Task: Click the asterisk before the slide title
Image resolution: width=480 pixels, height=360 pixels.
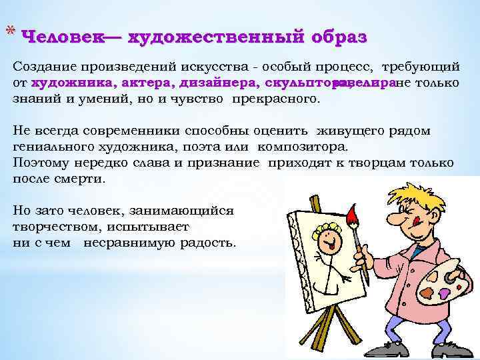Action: pyautogui.click(x=9, y=31)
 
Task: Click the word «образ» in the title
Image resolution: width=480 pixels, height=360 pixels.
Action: pyautogui.click(x=339, y=37)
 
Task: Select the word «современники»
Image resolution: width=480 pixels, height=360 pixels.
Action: pyautogui.click(x=141, y=131)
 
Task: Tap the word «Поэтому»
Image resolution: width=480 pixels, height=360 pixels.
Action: pyautogui.click(x=40, y=163)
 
